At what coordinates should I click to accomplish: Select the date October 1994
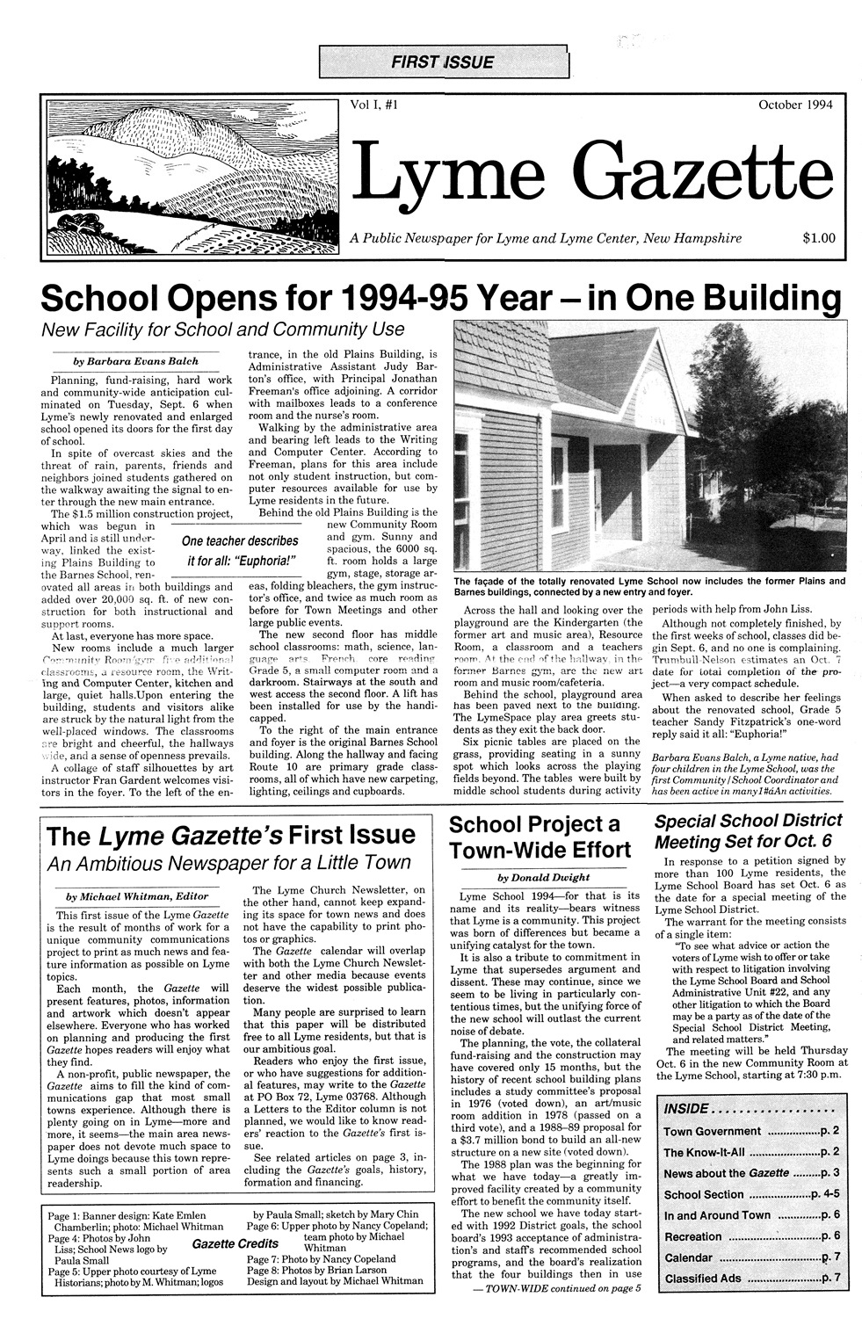tap(796, 105)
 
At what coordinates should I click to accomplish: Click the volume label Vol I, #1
tap(375, 105)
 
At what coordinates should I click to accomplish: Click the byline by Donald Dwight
tap(543, 877)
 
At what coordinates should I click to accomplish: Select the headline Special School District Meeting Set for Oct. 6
tap(749, 830)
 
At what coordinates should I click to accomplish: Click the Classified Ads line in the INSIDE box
tap(703, 1278)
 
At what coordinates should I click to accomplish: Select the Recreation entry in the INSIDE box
tap(693, 1236)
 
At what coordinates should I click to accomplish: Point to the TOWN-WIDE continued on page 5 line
tap(557, 1288)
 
